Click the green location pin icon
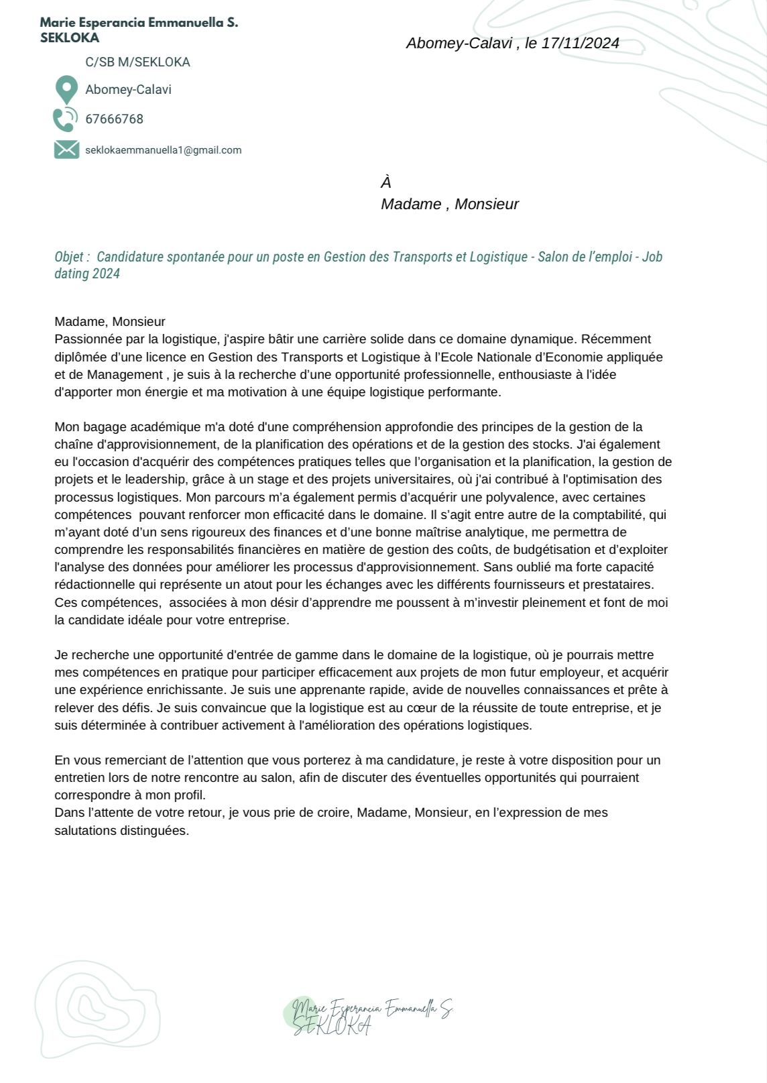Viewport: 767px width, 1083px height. pos(66,89)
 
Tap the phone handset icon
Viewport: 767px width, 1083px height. pos(65,119)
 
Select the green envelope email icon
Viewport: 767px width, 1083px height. pos(66,150)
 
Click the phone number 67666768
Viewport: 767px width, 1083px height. pos(114,119)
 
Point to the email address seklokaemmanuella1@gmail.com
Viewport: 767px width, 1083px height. pos(163,150)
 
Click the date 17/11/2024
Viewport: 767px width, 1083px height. pos(580,44)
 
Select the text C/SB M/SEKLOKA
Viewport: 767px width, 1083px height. pos(137,62)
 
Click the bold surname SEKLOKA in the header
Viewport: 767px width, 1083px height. pos(70,38)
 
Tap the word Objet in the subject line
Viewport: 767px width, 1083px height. pos(68,257)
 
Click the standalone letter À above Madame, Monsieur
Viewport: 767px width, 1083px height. pos(386,182)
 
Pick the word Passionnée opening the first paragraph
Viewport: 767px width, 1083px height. pos(85,339)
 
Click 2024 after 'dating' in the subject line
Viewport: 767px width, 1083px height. pos(107,274)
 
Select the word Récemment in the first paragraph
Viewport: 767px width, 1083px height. pos(620,339)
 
